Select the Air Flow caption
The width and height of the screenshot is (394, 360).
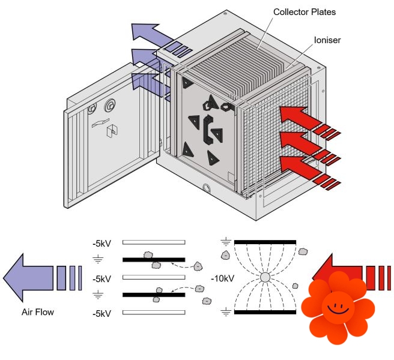[x=37, y=312]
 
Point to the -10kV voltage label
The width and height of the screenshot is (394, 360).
[x=222, y=278]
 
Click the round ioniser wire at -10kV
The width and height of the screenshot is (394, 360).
[x=264, y=278]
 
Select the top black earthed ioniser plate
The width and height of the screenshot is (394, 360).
[x=264, y=241]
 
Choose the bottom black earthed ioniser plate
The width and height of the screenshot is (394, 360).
[x=264, y=313]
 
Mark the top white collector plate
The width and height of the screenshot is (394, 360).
[x=154, y=243]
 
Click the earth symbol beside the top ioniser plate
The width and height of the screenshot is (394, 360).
[x=225, y=242]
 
